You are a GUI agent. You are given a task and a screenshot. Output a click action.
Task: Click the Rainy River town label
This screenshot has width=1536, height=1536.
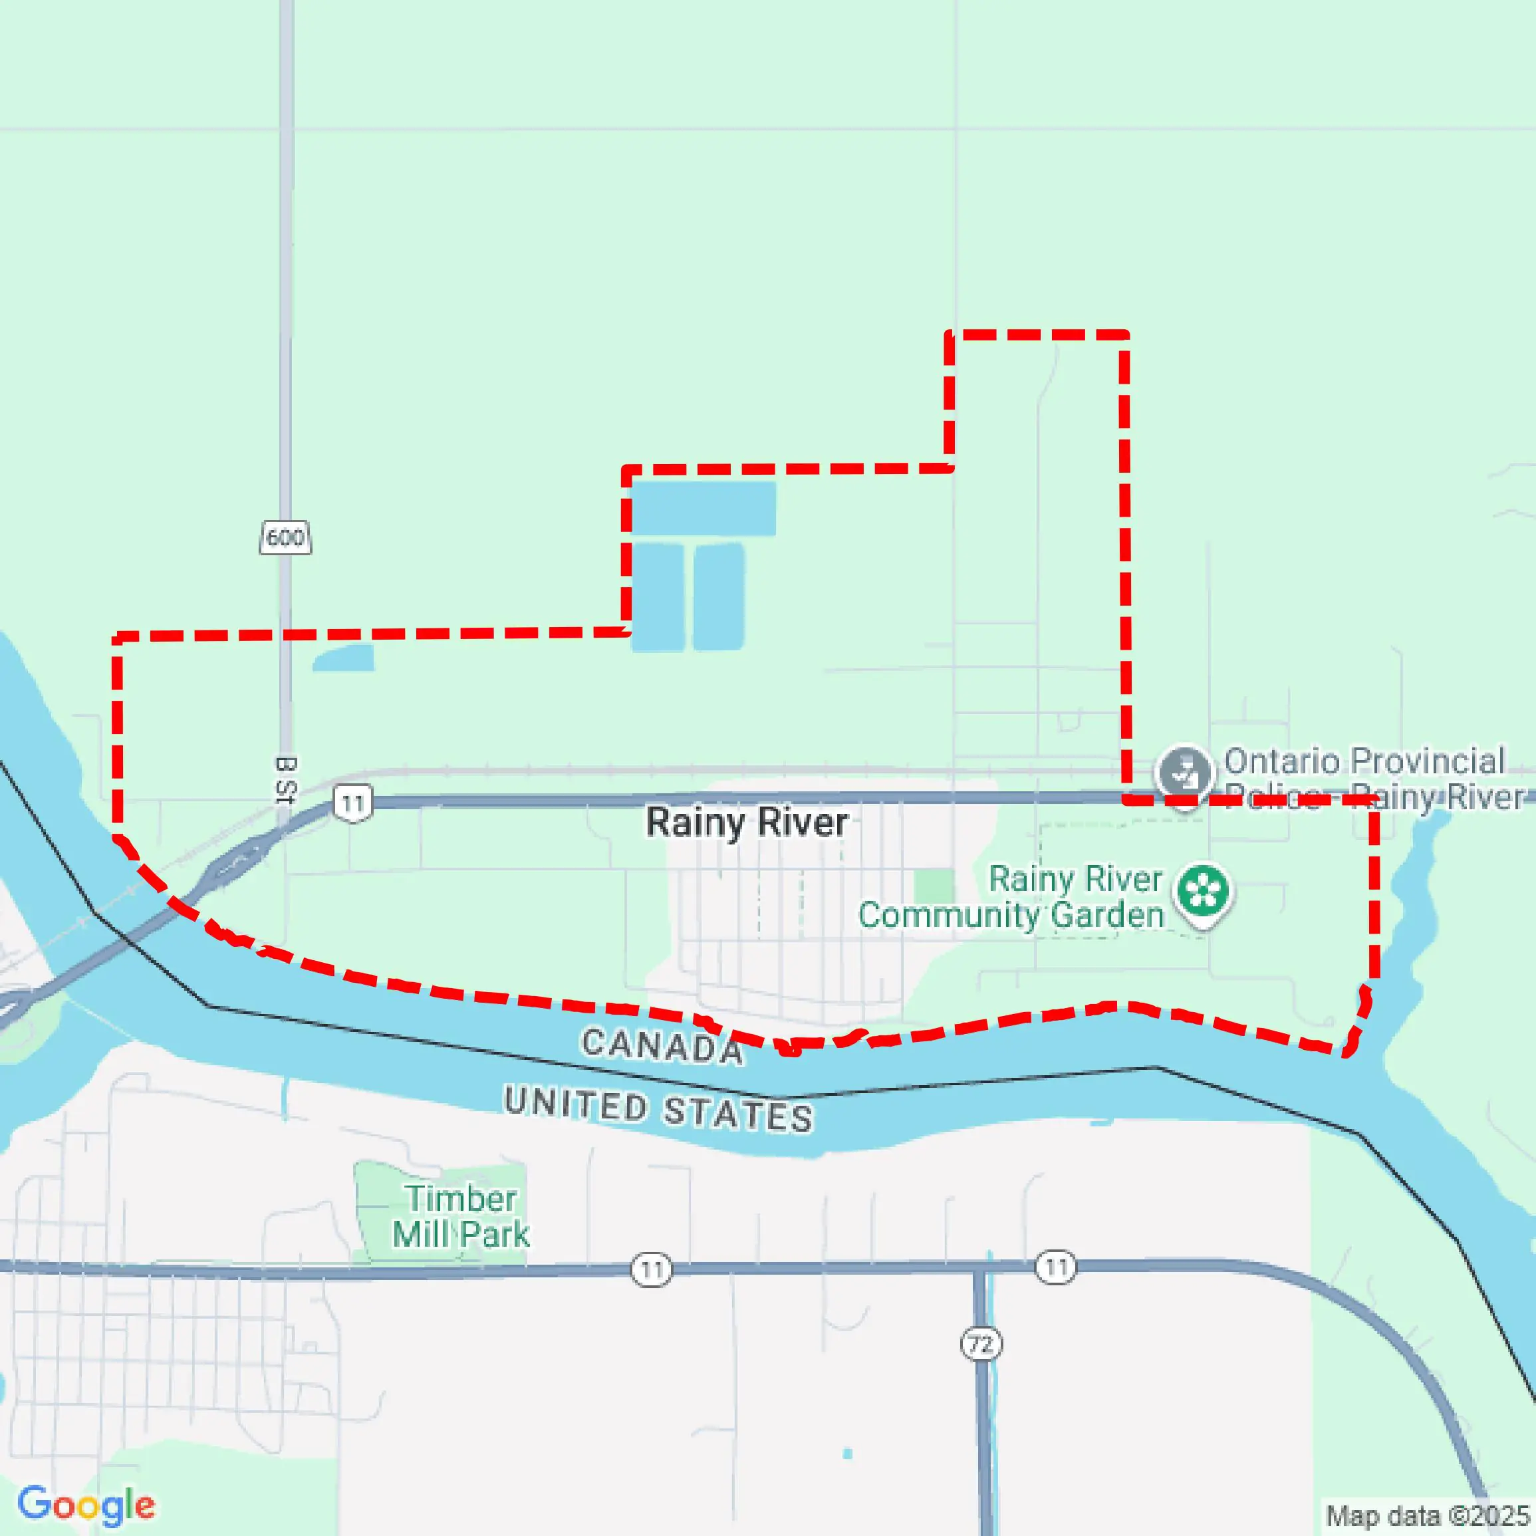click(x=747, y=822)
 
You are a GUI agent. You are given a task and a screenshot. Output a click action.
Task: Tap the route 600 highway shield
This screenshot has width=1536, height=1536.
click(x=285, y=537)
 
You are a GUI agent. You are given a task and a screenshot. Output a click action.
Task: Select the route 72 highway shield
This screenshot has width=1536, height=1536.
click(x=981, y=1344)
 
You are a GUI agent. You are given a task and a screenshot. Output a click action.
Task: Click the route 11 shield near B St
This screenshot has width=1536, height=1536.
click(x=353, y=803)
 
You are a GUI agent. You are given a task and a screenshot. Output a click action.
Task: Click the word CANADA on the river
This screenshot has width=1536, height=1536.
click(x=662, y=1045)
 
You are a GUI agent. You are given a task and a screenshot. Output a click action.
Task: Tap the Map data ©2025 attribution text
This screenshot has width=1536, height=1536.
click(x=1428, y=1515)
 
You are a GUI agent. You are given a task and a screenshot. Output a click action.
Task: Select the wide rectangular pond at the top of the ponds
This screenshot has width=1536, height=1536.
click(x=703, y=508)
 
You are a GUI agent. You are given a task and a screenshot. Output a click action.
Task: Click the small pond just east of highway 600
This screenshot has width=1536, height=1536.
click(x=344, y=658)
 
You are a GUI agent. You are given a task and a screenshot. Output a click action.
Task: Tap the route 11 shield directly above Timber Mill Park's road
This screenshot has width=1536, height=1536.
click(x=651, y=1269)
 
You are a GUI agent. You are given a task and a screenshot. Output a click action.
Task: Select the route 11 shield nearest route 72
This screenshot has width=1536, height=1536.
click(x=1056, y=1267)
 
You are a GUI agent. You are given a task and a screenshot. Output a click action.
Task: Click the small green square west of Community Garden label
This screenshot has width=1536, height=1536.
click(x=934, y=886)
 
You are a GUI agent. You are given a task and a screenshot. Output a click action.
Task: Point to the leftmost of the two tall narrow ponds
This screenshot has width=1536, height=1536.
click(x=658, y=597)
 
